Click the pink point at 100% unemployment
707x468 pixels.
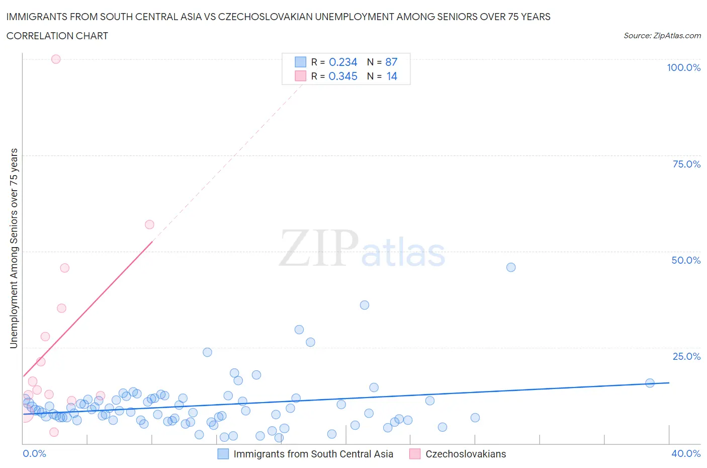coord(56,59)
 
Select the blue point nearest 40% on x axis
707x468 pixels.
coord(650,383)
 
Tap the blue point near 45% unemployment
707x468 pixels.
coord(511,267)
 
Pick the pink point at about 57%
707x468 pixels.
coord(149,224)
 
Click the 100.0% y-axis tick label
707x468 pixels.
coord(683,67)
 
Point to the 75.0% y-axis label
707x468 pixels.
coord(686,164)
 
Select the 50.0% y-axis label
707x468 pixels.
coord(686,260)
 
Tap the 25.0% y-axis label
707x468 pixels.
coord(686,356)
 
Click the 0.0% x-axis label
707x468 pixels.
coord(34,453)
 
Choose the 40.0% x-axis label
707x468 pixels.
coord(686,453)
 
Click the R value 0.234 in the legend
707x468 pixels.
coord(343,62)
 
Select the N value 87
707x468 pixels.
coord(391,62)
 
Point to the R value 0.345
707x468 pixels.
coord(343,76)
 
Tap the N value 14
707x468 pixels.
coord(392,76)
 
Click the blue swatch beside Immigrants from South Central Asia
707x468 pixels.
coord(223,454)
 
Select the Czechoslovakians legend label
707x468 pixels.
coord(466,454)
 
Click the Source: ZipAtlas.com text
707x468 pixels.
coord(662,35)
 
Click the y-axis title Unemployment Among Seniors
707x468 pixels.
coord(14,248)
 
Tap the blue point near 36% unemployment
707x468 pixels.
coord(365,305)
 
